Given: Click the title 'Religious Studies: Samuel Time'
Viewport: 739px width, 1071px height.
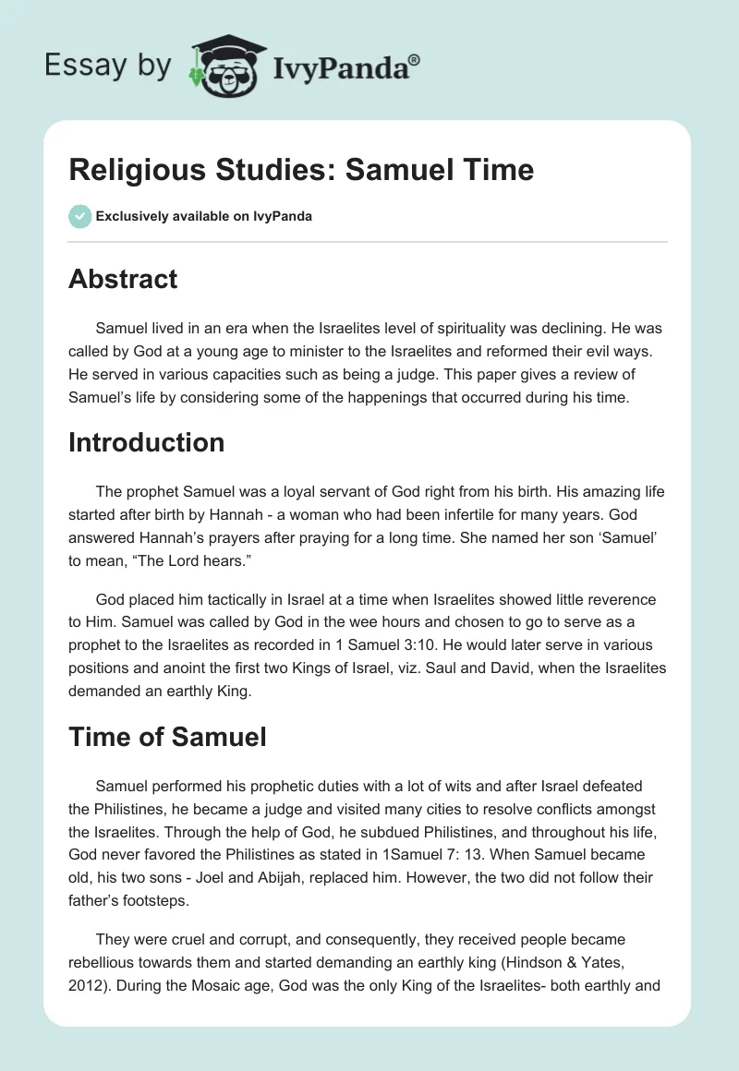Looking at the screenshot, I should [x=301, y=170].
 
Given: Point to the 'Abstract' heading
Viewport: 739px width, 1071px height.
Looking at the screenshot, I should [x=123, y=279].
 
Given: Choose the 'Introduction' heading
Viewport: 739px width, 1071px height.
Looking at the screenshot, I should [x=146, y=442].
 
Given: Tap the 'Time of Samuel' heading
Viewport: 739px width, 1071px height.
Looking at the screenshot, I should [x=167, y=736].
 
